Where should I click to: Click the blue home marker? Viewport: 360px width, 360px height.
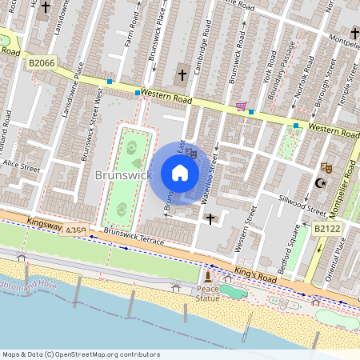coord(180,173)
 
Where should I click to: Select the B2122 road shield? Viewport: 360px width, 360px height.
coord(326,229)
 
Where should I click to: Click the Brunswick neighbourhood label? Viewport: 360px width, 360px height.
coord(123,174)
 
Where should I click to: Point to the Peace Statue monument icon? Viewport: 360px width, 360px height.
coord(208,277)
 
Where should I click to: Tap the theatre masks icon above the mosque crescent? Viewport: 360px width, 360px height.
coord(325,167)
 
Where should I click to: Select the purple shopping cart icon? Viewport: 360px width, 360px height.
coord(241,106)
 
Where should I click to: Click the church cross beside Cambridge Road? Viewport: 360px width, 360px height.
coord(182,75)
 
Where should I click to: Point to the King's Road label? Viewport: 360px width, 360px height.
coord(255,274)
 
